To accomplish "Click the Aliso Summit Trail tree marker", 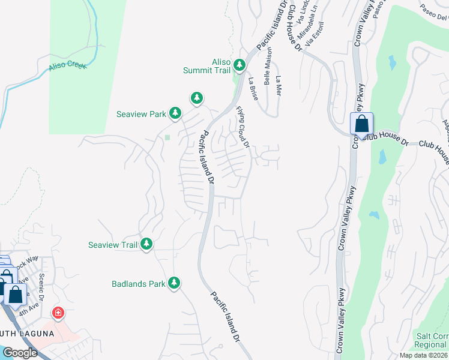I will point(240,64).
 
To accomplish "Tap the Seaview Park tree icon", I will point(175,112).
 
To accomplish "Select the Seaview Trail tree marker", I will point(146,244).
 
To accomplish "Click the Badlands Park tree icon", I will point(174,283).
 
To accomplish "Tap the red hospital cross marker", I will point(58,313).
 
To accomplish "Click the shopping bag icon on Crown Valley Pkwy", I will point(361,125).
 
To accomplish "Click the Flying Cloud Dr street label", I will point(243,126).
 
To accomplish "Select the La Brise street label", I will point(253,89).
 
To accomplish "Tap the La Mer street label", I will point(278,86).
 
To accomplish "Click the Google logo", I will point(20,353).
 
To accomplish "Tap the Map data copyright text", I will point(423,355).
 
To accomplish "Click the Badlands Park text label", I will point(138,283).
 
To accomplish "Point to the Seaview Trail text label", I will point(113,244).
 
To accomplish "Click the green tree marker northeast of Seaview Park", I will point(196,97).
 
